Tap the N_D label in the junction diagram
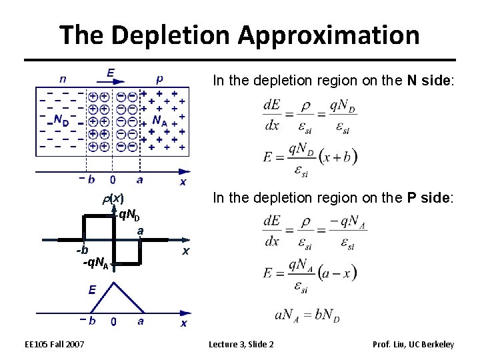61,121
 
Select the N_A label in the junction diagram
160,121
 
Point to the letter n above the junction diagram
62,77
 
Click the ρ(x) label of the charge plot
113,198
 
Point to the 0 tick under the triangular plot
114,322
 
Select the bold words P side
431,197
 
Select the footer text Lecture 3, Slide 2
241,344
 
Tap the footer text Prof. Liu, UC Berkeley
415,344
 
